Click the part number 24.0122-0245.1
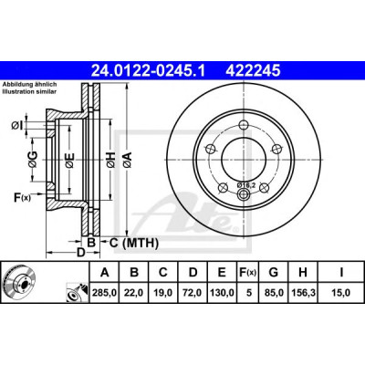149,71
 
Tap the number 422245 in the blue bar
253,71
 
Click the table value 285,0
105,293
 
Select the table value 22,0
134,293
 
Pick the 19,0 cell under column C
163,293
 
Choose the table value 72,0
193,293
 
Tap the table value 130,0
222,293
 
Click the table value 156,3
303,293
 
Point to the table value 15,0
341,293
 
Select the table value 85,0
274,293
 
